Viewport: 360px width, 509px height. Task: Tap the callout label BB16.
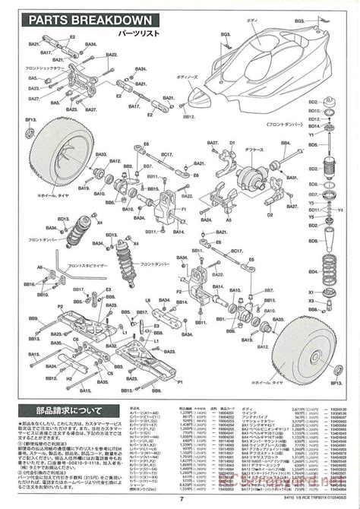(30, 283)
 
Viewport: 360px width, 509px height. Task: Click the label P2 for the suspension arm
(62, 306)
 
